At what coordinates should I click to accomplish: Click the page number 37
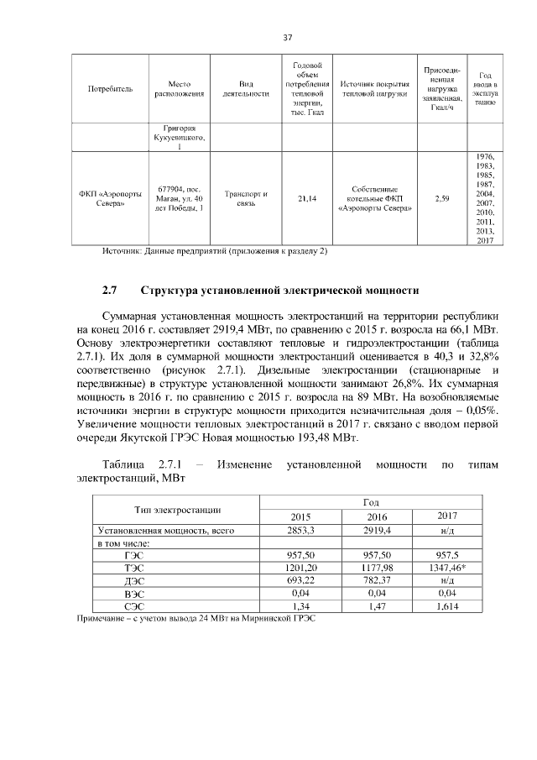pos(287,38)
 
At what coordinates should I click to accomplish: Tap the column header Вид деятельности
pos(246,88)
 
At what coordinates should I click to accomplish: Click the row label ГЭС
pos(133,556)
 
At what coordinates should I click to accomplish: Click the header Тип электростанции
pos(177,509)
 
